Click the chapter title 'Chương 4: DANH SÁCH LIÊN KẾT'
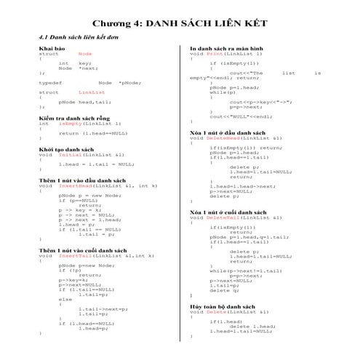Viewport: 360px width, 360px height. [180, 22]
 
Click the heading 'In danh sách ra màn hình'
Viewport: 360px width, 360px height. [226, 48]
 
